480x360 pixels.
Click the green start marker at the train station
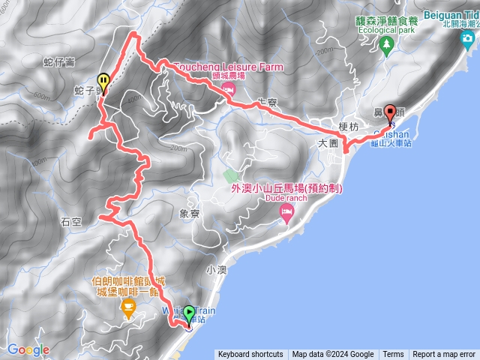(188, 313)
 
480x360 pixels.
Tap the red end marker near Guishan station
(389, 113)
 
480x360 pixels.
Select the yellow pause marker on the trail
(103, 79)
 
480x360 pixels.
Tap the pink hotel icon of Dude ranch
(286, 216)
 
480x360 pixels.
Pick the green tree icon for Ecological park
(386, 46)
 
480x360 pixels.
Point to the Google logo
(28, 349)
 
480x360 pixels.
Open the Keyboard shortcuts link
(250, 355)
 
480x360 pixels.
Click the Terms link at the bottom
(393, 355)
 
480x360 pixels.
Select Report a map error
(445, 355)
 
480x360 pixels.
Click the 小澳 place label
(216, 268)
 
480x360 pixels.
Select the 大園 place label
(329, 142)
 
